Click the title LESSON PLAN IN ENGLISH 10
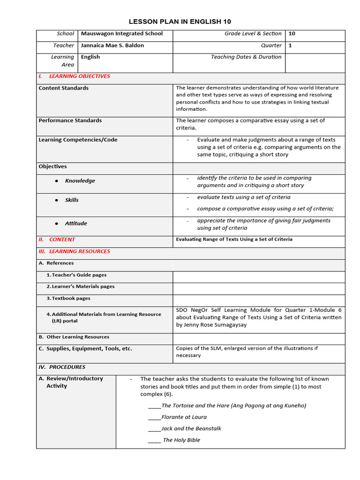(180, 22)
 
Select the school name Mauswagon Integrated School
(122, 34)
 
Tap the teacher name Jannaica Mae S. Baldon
(112, 45)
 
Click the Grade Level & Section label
(253, 34)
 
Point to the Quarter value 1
(290, 45)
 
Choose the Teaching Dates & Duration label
(246, 57)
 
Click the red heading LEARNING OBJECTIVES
(79, 76)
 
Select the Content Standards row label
(63, 88)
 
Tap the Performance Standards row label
(70, 120)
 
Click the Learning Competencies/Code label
(78, 140)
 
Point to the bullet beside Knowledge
(57, 181)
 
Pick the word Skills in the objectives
(72, 200)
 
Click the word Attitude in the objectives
(76, 224)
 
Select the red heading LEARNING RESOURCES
(79, 251)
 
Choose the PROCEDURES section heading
(67, 367)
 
